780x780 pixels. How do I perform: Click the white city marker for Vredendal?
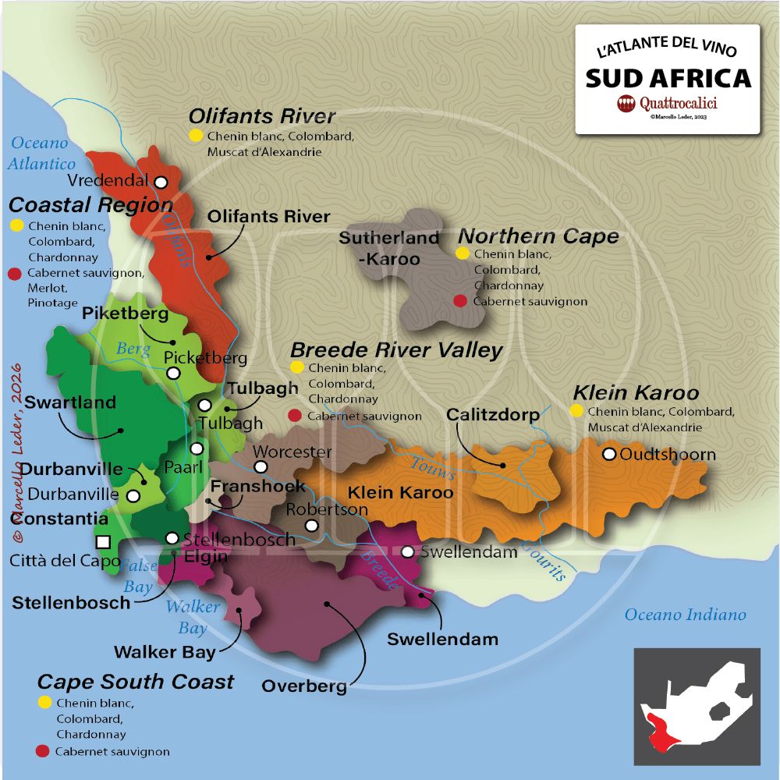161,182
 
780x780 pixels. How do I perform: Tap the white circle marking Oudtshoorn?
609,455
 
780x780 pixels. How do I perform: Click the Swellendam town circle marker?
407,551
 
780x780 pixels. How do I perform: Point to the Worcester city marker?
261,466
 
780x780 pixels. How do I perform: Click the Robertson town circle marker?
311,526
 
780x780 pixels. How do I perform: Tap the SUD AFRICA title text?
668,78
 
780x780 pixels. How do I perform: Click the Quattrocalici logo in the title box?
667,103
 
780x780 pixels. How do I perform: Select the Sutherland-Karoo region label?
389,248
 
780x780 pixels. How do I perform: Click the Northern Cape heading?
538,237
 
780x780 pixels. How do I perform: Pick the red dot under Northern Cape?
462,301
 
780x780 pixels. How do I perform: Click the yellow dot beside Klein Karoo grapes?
576,411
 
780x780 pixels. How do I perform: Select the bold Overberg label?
304,686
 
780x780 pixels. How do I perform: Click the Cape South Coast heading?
136,682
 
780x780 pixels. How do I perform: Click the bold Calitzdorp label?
493,415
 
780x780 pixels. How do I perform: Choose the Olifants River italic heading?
262,117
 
